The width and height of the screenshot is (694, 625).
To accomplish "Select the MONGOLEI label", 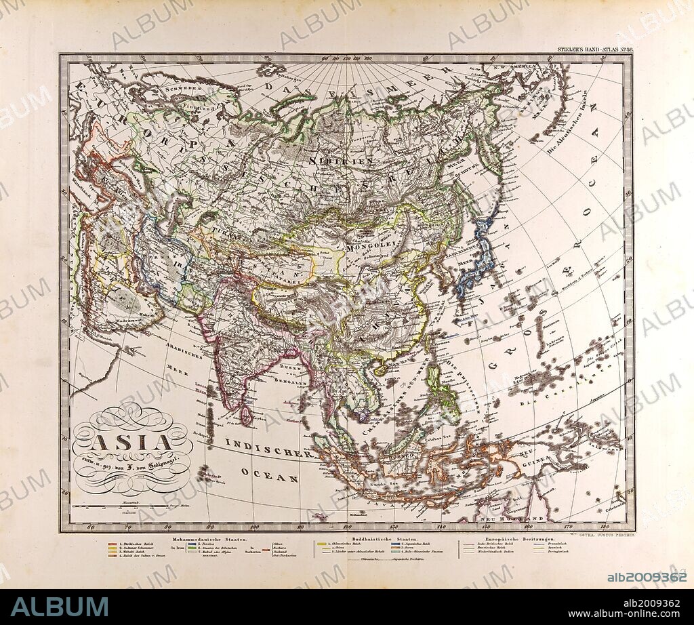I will (366, 247).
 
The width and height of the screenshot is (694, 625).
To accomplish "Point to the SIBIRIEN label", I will (350, 161).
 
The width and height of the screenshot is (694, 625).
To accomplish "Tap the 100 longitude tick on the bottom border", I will (255, 527).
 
